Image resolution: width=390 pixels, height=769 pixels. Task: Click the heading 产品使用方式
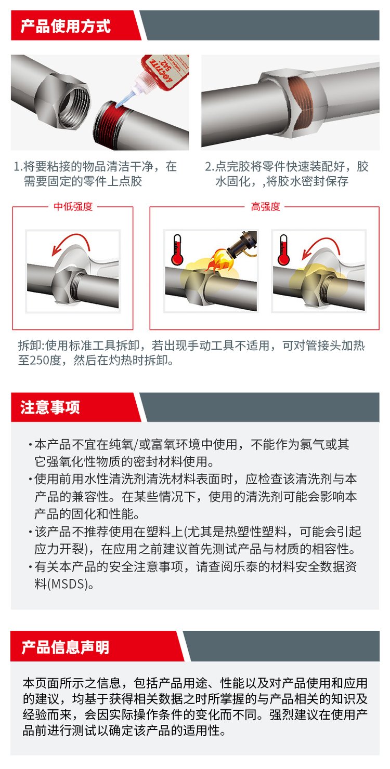(x=66, y=26)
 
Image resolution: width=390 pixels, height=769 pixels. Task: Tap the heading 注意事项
(x=50, y=407)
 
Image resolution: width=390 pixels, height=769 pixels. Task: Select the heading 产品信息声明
(x=66, y=647)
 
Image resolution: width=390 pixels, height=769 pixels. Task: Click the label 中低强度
(x=73, y=206)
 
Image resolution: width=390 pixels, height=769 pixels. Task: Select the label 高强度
(x=265, y=206)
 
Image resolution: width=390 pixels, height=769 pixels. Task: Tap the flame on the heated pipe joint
(x=219, y=260)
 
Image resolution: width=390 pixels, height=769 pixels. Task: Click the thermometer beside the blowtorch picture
(x=177, y=249)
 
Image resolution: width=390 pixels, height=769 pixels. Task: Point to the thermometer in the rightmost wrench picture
(x=283, y=249)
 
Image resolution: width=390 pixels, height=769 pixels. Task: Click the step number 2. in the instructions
(x=210, y=166)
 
